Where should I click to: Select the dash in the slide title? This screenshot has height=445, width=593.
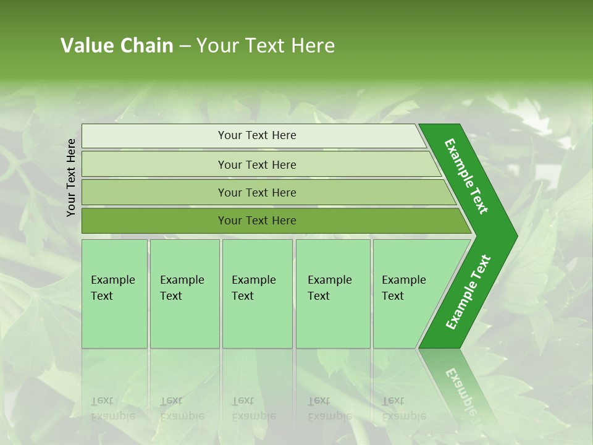[185, 46]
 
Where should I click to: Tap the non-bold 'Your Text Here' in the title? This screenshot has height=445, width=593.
[266, 46]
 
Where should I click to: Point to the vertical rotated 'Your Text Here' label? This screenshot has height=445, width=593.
[71, 177]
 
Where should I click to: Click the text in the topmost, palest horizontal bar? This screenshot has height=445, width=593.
[257, 135]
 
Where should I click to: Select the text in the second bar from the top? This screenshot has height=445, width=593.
[257, 164]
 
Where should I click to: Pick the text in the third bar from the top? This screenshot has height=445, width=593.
[257, 192]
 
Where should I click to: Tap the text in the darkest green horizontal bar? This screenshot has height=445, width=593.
[257, 220]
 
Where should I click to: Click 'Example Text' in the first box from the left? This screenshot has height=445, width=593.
[112, 287]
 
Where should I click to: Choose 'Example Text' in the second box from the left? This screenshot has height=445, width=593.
[182, 287]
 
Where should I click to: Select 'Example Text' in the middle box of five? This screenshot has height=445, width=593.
[253, 287]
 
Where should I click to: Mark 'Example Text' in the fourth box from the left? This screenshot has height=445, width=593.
[329, 287]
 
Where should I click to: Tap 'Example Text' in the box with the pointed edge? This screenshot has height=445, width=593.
[403, 287]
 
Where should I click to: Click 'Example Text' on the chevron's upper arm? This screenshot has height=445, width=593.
[466, 176]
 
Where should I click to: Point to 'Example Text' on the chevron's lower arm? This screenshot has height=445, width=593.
[468, 292]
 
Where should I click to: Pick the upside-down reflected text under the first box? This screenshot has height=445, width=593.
[112, 408]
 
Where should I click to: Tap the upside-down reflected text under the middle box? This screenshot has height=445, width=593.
[253, 408]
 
